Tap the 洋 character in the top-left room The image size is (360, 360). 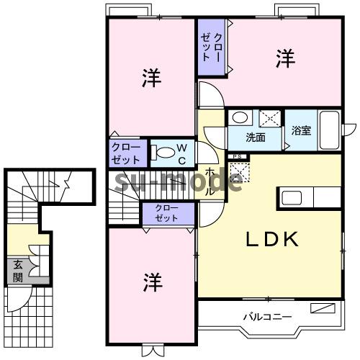[150, 76]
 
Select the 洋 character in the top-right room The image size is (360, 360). [285, 60]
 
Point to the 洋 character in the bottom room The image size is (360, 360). [150, 279]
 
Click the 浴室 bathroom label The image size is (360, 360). [301, 131]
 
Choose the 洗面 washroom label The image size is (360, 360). [255, 136]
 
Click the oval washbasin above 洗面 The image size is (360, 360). [240, 117]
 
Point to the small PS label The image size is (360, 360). [235, 156]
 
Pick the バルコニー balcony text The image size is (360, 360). [266, 316]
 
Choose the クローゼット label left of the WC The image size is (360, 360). [126, 152]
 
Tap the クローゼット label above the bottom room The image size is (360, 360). [166, 212]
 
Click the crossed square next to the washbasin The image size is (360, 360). [270, 117]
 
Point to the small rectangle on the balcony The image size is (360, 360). [323, 309]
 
